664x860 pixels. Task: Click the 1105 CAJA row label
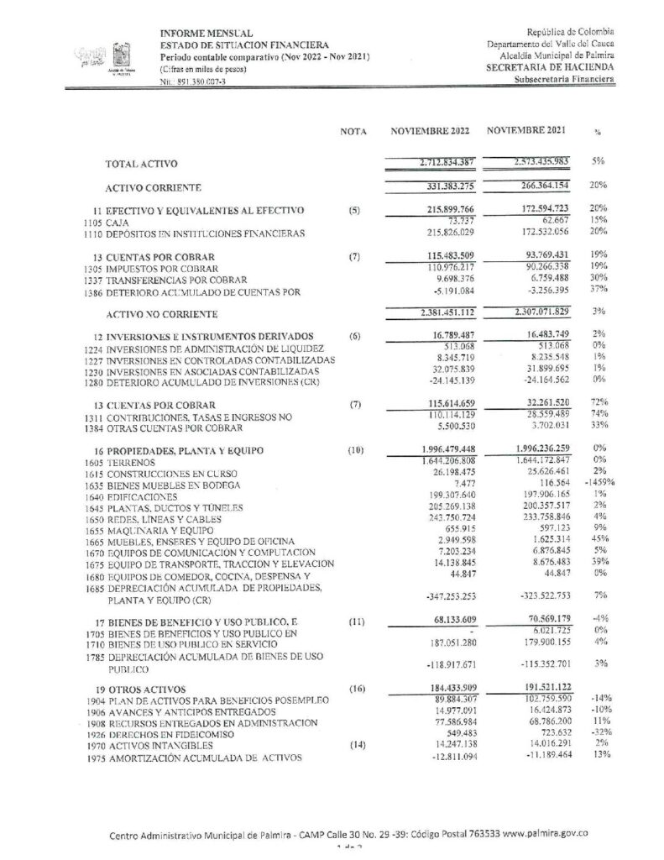tap(108, 222)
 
